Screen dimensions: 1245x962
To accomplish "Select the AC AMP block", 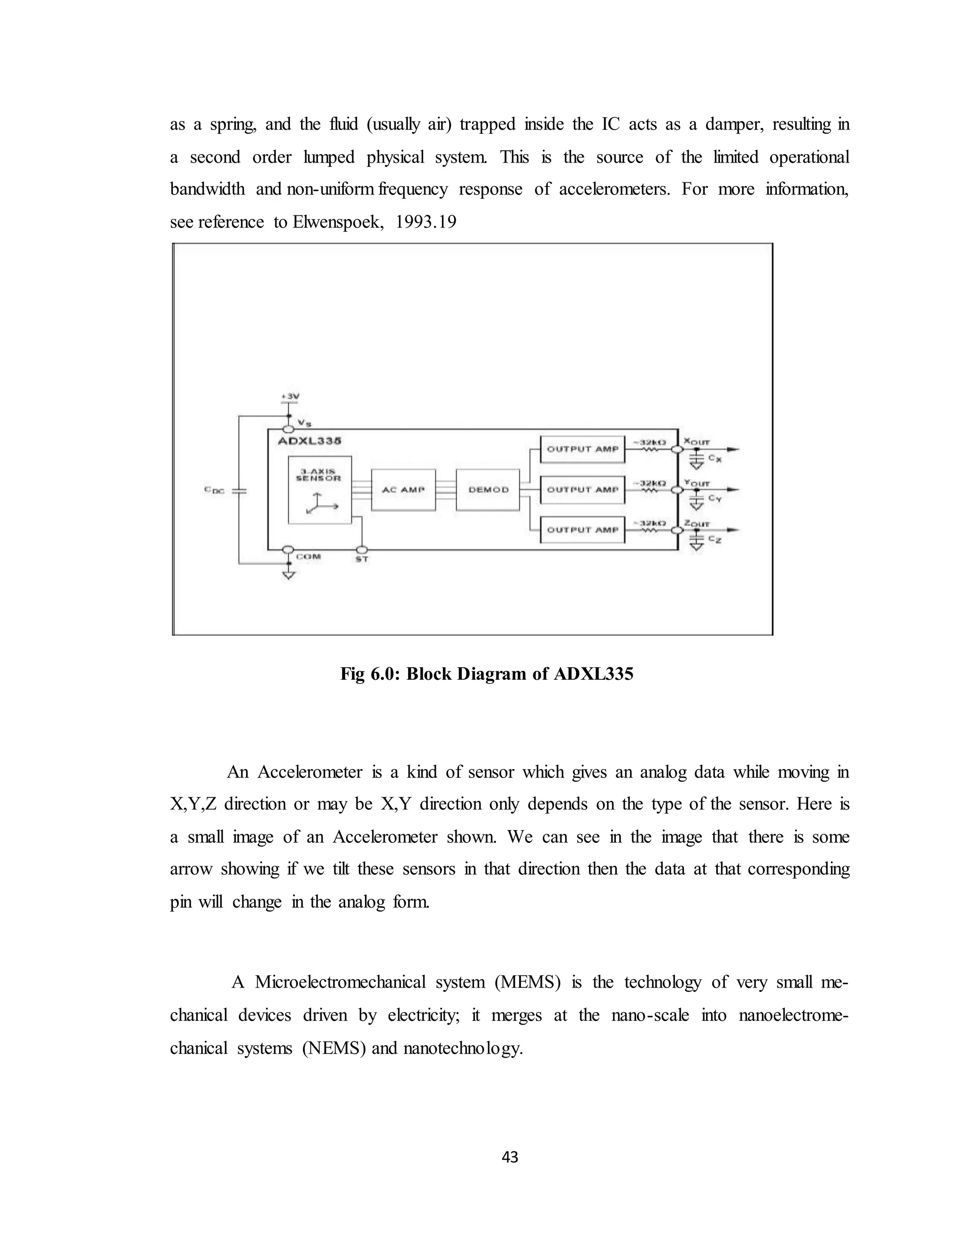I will tap(403, 490).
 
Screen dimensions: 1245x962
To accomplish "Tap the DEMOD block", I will tap(488, 490).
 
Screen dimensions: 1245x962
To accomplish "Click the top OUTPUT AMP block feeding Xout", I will tap(582, 449).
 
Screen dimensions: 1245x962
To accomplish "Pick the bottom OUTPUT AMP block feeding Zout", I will tap(582, 529).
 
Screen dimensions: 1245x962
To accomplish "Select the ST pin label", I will tap(362, 559).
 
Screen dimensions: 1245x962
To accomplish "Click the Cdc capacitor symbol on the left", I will tap(240, 490).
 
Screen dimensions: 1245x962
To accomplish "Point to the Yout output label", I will tap(697, 483).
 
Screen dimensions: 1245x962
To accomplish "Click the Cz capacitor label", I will tap(714, 539).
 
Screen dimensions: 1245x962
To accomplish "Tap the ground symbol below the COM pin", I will tap(289, 575).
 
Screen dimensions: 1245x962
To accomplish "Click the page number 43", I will tap(510, 1157).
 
